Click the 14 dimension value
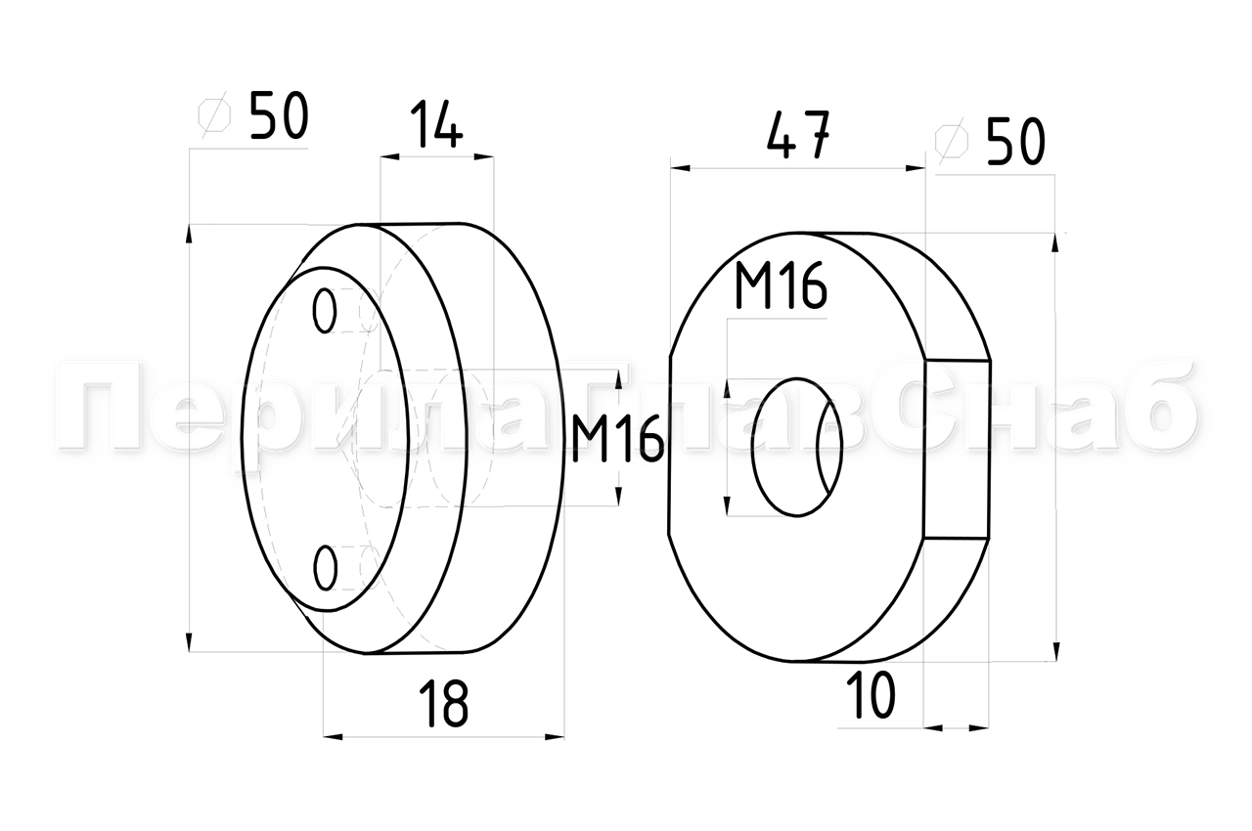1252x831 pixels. (x=436, y=124)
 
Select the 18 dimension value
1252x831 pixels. (x=444, y=704)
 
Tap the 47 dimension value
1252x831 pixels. (x=798, y=135)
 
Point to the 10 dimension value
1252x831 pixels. (x=871, y=695)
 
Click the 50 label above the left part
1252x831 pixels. (x=279, y=115)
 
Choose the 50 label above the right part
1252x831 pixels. (x=1015, y=142)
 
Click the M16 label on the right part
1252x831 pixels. (x=781, y=285)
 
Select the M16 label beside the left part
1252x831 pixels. (x=617, y=439)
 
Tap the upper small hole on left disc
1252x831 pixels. (x=325, y=311)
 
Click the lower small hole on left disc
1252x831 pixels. (x=326, y=568)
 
